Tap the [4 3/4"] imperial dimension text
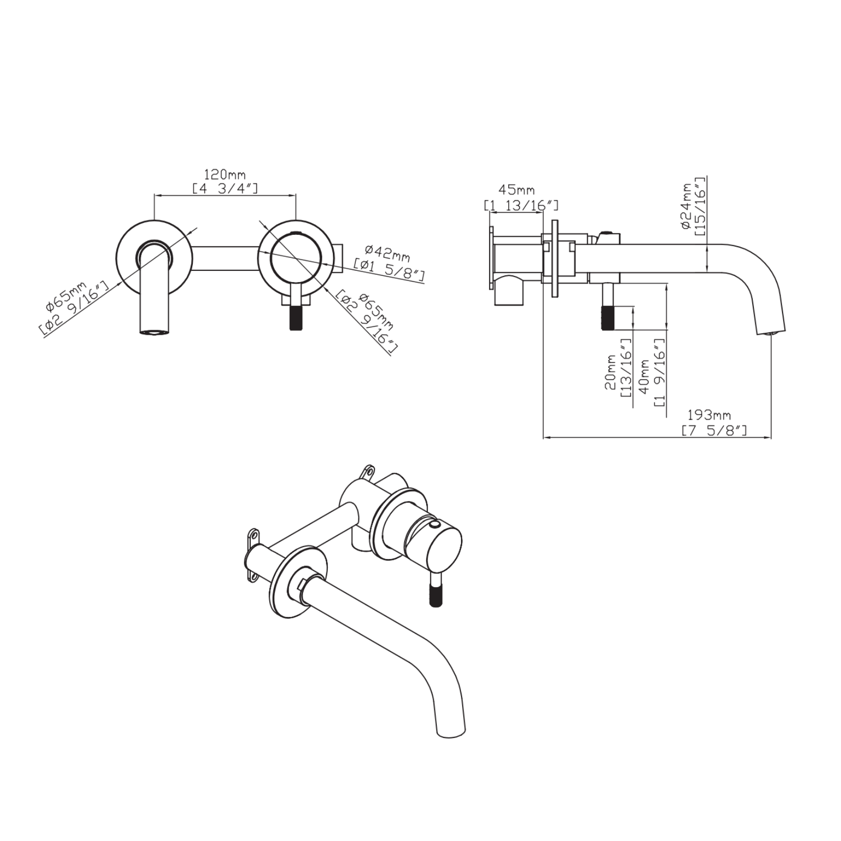[x=225, y=188]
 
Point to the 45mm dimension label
[x=517, y=190]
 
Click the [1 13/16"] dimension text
[x=521, y=205]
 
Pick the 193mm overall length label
[x=709, y=415]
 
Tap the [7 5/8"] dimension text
[x=714, y=430]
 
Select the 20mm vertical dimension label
[x=610, y=373]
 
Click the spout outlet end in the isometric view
[x=451, y=735]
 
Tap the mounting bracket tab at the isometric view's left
[x=253, y=556]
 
